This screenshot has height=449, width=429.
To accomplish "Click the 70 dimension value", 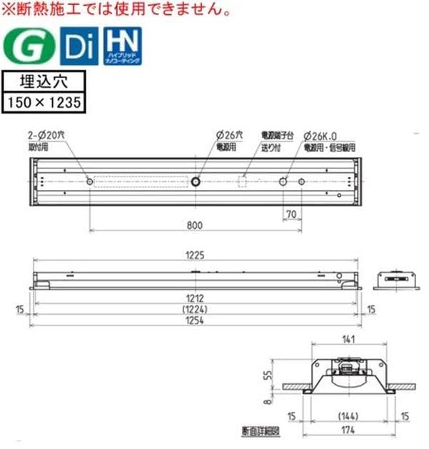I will [x=291, y=213].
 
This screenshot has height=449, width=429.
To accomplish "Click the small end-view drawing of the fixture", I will [x=397, y=277].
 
